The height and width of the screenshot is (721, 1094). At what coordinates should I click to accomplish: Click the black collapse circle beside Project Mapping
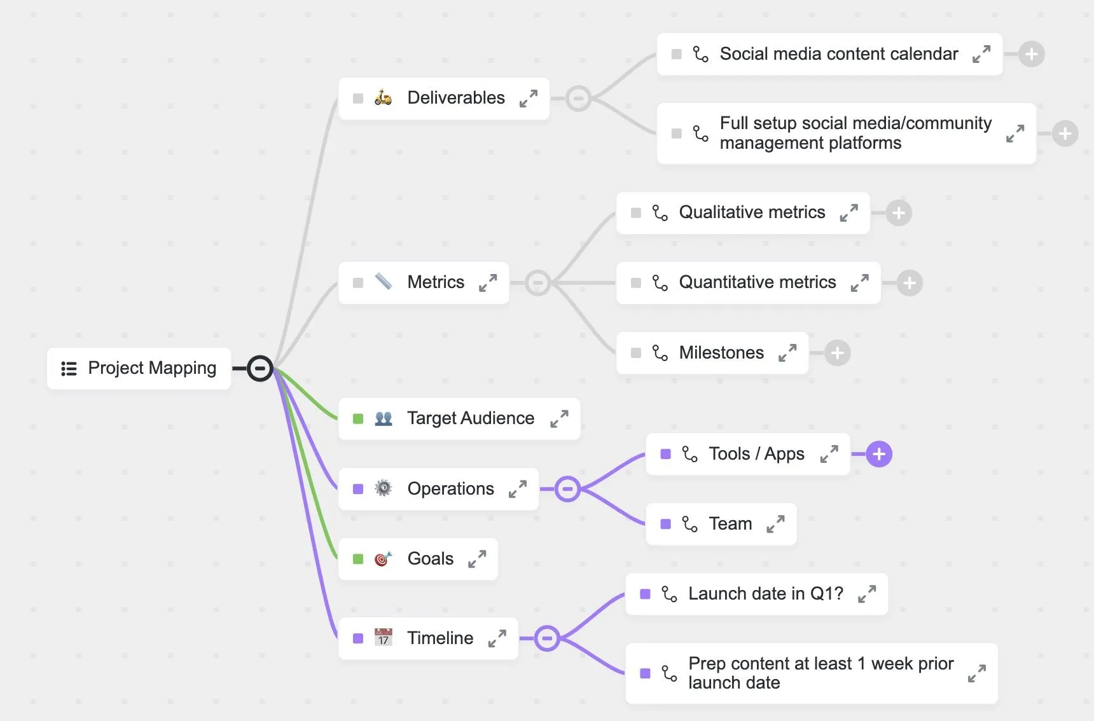(260, 368)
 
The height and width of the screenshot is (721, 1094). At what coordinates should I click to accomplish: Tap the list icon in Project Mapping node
(69, 369)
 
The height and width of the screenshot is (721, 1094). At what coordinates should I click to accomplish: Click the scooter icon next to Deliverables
(383, 97)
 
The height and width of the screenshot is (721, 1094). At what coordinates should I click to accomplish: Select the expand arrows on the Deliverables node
(529, 99)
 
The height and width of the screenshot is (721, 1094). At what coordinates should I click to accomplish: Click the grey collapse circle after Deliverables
(578, 98)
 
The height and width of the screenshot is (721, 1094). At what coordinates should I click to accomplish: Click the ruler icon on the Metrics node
(383, 281)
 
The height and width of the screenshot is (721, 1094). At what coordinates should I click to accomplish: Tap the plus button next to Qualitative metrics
(898, 212)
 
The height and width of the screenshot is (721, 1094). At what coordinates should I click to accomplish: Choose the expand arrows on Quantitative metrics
(860, 283)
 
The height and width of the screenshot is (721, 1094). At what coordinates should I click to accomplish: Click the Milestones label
(721, 352)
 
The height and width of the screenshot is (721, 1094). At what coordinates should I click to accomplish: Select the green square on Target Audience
(358, 418)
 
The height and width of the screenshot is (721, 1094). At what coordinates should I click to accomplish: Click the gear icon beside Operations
(383, 488)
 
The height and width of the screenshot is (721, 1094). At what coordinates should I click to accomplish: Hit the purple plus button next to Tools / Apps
(879, 454)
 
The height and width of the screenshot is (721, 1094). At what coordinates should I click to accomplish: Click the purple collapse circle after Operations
(567, 489)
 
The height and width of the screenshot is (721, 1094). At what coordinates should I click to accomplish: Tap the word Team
(730, 523)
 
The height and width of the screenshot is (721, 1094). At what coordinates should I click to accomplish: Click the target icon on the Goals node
(383, 558)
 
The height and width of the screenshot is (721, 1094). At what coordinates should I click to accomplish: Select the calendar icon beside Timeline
(383, 636)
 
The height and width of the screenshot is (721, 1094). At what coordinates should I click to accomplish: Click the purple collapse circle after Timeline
(547, 638)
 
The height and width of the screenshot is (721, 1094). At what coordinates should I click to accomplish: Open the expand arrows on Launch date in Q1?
(867, 594)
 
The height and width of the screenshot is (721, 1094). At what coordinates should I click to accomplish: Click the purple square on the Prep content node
(645, 673)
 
